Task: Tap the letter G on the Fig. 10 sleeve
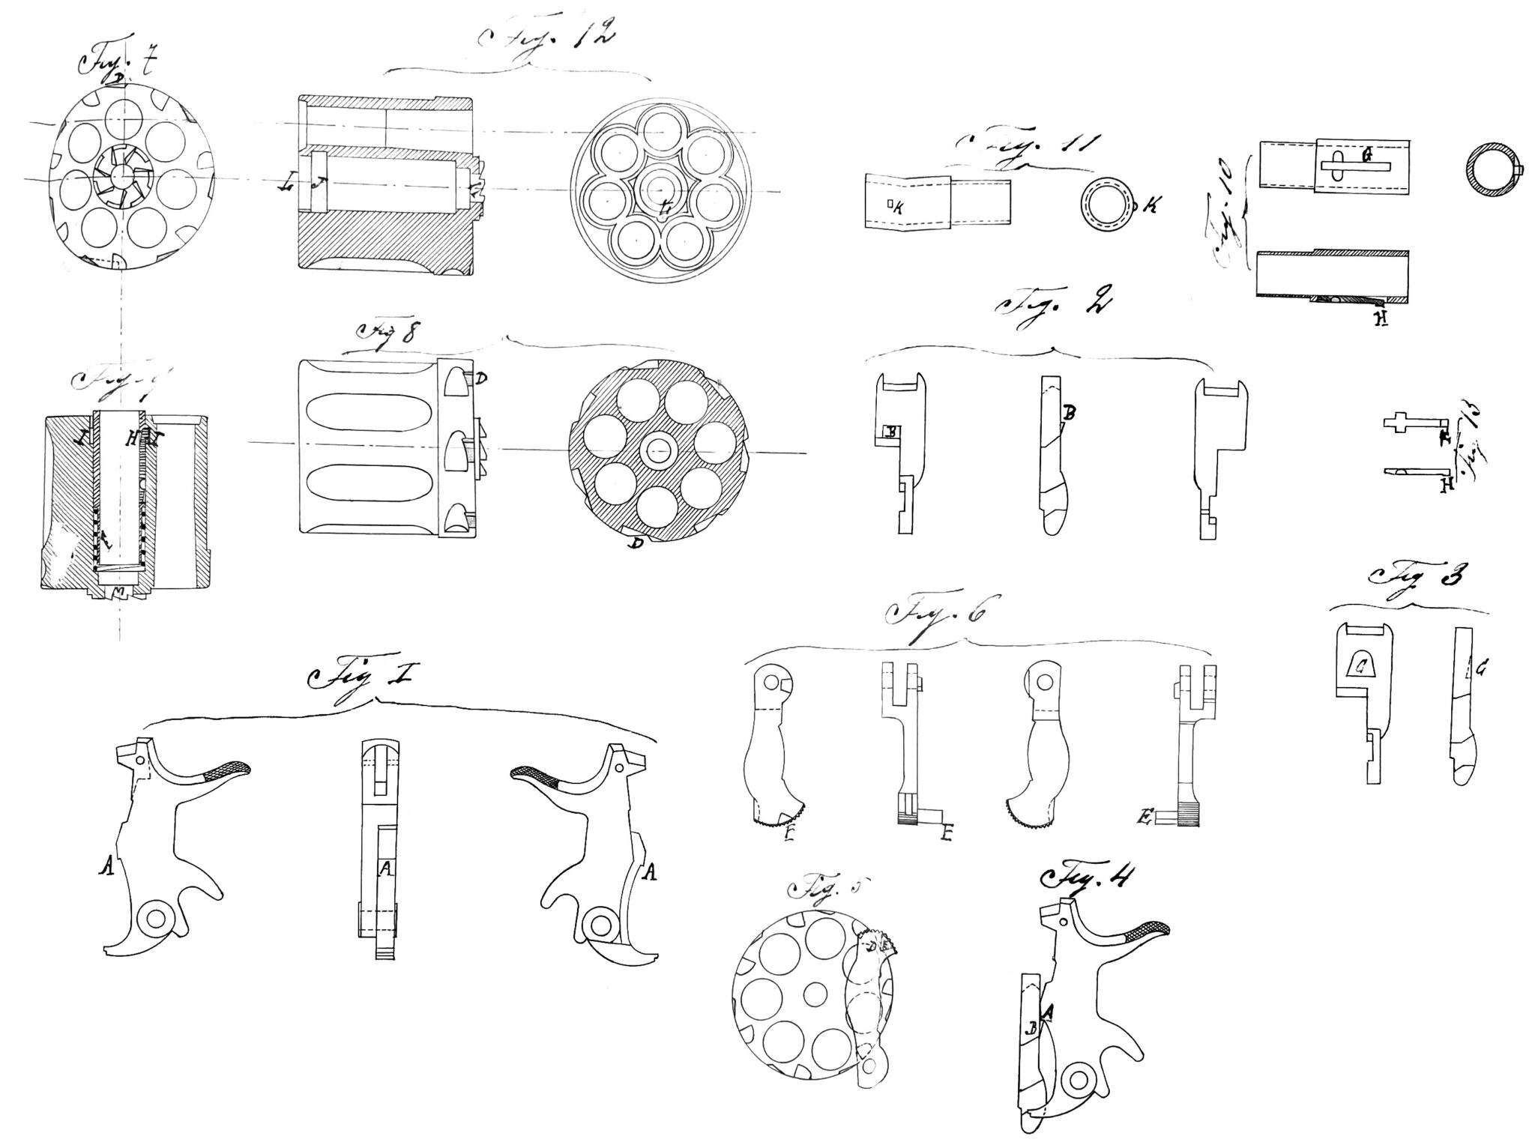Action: (x=1366, y=157)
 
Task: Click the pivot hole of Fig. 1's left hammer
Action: (x=157, y=918)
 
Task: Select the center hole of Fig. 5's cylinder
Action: (x=815, y=994)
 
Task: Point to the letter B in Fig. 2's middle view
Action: (x=1070, y=412)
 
